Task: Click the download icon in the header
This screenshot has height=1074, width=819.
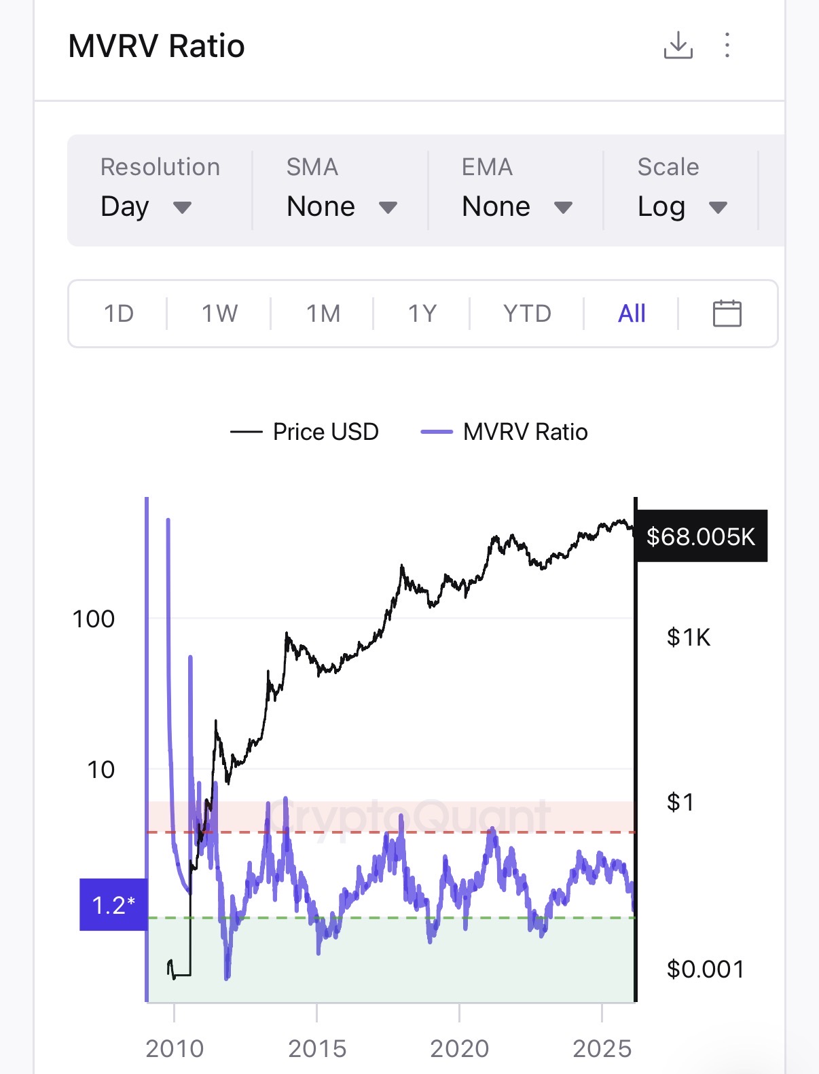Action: pos(678,45)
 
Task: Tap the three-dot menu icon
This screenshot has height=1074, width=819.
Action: pos(727,45)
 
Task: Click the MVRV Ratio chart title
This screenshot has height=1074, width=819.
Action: pos(157,47)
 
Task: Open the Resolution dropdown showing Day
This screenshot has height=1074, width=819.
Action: pos(146,206)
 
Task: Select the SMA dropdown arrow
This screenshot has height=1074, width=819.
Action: pos(388,207)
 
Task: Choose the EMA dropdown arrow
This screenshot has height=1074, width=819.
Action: pos(563,207)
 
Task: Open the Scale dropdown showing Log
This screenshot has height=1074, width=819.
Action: pos(682,206)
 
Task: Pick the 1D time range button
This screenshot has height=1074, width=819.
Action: pos(119,314)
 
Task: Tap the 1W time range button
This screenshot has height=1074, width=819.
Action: pos(219,314)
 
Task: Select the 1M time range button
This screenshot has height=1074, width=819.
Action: pos(323,314)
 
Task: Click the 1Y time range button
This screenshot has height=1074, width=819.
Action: pos(422,314)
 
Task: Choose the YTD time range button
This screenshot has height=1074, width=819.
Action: pos(527,314)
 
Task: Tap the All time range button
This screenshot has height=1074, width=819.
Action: pos(632,314)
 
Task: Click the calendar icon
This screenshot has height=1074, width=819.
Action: pos(727,314)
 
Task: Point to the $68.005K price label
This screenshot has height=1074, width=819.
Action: pos(700,536)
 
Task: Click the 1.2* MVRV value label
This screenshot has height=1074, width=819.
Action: pos(113,905)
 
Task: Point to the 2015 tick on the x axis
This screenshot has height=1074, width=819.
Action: pos(317,1049)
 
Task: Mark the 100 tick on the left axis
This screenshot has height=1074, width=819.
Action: pos(94,619)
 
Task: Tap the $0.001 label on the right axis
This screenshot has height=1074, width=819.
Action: pos(705,969)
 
